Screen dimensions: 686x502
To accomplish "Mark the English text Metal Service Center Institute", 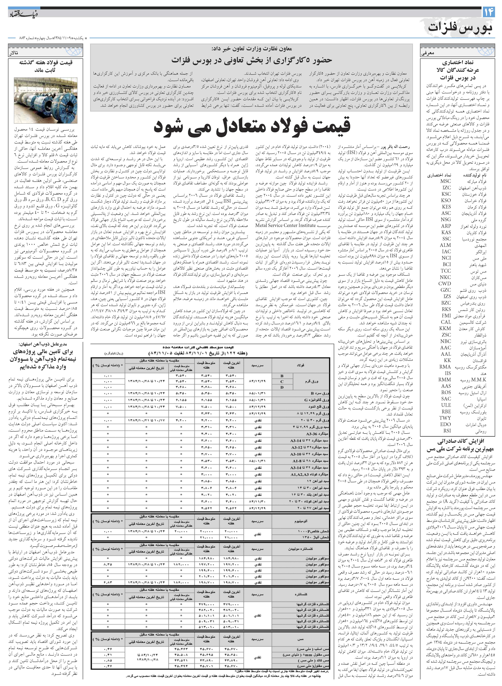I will click(x=285, y=226).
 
